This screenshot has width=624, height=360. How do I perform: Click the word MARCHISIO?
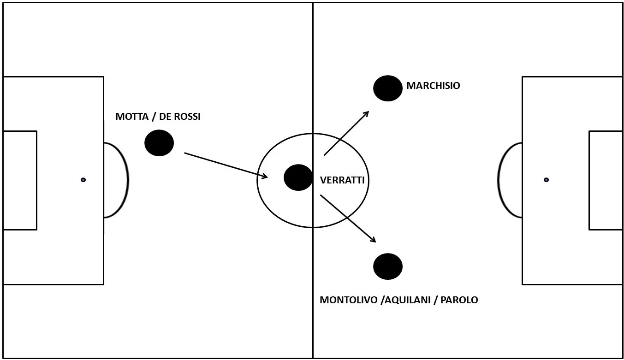point(433,86)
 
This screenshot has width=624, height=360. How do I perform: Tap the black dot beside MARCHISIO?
point(388,88)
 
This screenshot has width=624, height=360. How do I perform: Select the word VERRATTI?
point(342,180)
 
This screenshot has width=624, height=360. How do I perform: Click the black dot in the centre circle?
point(298,177)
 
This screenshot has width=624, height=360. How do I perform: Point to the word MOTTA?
point(132,117)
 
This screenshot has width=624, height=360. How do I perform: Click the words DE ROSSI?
point(180,117)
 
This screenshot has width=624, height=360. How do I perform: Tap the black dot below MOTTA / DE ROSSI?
point(159,143)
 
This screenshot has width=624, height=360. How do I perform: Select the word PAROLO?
point(459,300)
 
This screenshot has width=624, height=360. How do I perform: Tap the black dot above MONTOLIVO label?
point(388,266)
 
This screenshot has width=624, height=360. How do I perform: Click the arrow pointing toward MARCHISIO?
point(346,133)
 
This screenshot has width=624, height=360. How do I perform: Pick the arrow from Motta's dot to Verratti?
point(226,165)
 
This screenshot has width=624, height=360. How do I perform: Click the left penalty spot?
point(83,180)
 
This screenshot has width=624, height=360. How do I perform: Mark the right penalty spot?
point(546,180)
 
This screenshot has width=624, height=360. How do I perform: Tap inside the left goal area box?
point(20,180)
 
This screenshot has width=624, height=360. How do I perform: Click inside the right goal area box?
point(606,180)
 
